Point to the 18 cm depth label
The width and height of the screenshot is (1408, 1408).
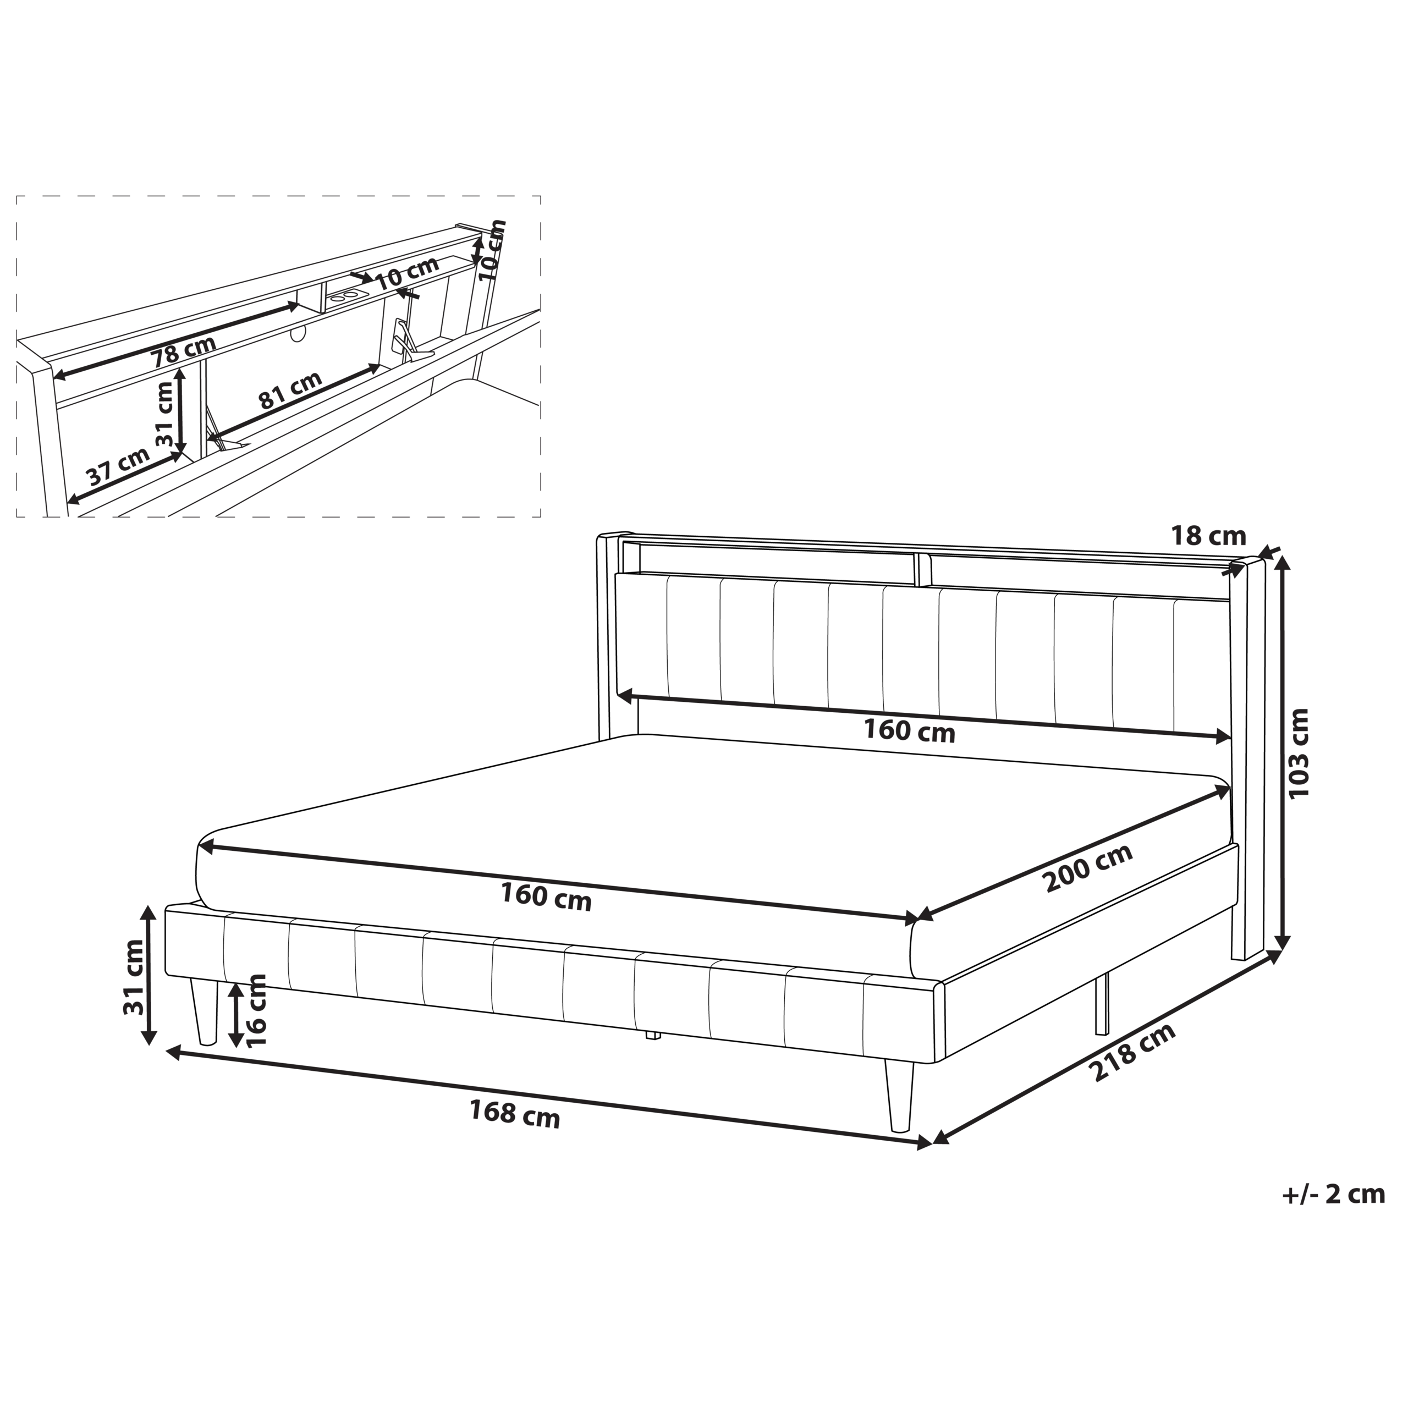(1208, 536)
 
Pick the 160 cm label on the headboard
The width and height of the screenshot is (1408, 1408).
(909, 730)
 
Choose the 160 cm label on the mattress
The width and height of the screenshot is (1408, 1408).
(546, 897)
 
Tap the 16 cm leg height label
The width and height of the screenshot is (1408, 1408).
(256, 1010)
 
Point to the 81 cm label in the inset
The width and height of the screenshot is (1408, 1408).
(290, 390)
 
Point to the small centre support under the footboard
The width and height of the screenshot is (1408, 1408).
(653, 1035)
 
